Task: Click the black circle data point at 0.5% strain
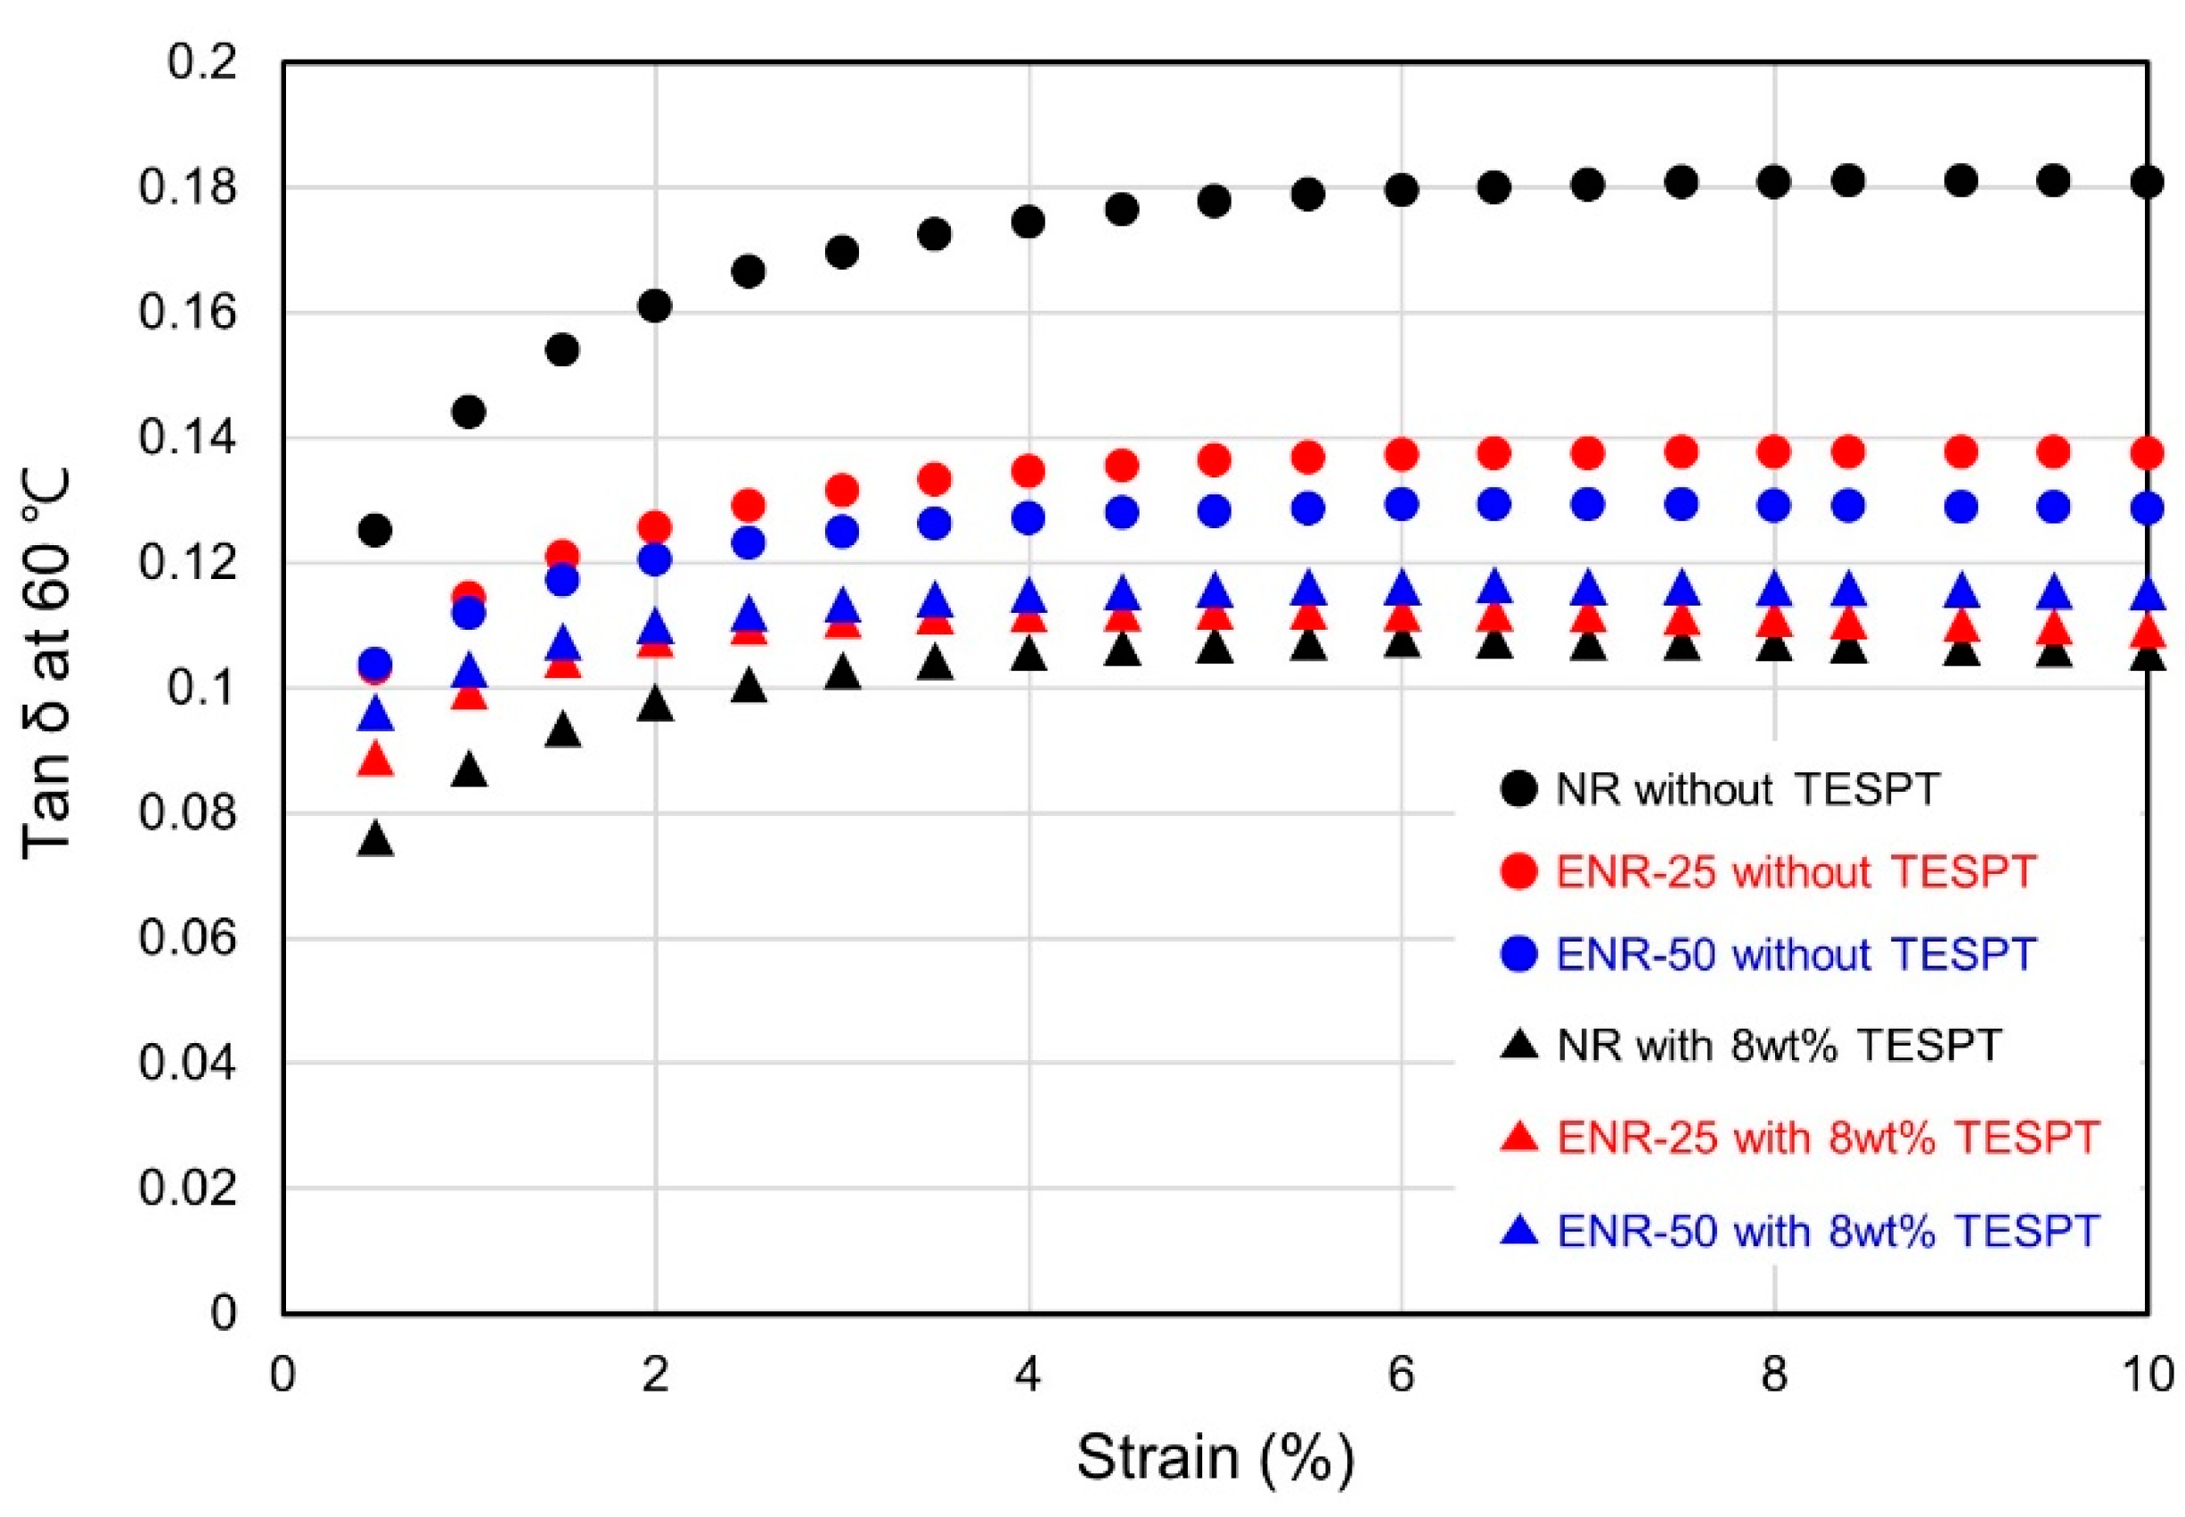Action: pos(375,529)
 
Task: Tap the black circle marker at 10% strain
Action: pos(2147,182)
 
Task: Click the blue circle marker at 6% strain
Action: pos(1402,504)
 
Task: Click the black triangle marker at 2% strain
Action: pos(655,705)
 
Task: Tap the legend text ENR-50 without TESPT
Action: pos(1796,954)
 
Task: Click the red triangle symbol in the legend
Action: pos(1519,1138)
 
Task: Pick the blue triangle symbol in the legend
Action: pos(1519,1231)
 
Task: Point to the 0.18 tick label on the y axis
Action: pos(187,187)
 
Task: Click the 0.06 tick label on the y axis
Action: pos(187,938)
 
